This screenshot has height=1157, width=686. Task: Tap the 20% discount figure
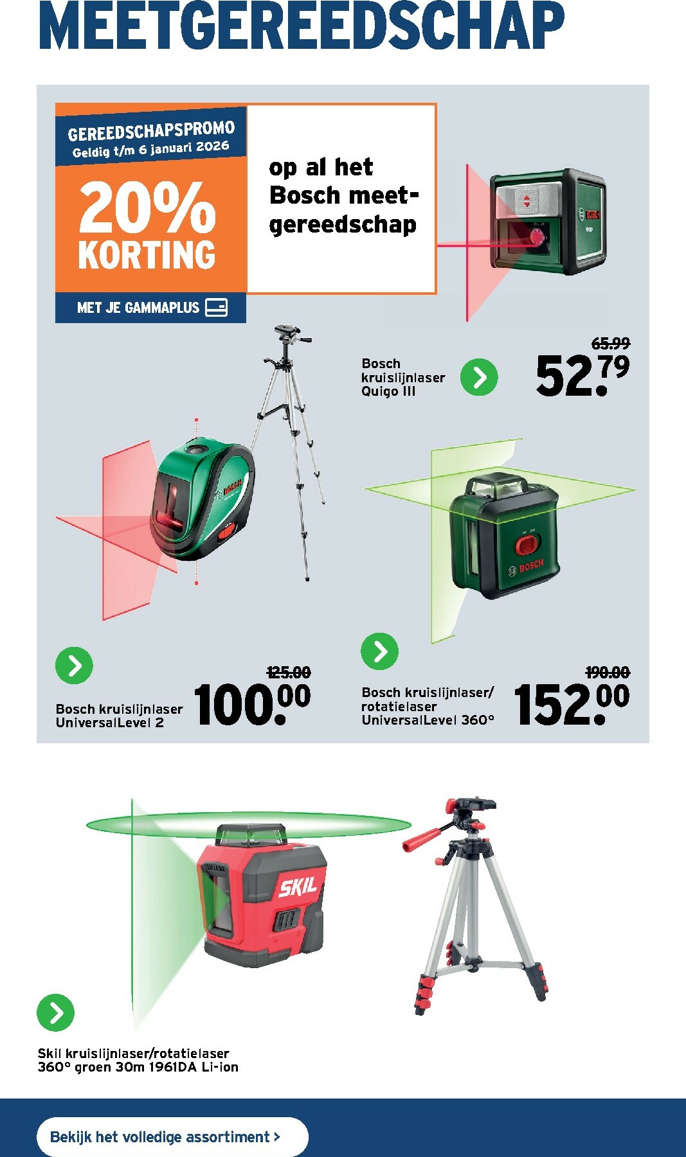(x=147, y=207)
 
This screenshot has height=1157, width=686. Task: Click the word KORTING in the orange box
(x=147, y=255)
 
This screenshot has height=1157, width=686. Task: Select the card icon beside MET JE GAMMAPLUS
(x=216, y=307)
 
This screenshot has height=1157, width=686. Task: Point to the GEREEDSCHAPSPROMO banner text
(x=152, y=130)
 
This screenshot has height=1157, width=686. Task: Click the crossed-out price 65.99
(x=610, y=344)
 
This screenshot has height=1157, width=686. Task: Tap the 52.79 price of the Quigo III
(x=582, y=375)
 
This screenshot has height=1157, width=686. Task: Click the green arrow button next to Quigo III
(x=479, y=377)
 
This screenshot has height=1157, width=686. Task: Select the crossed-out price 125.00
(x=289, y=673)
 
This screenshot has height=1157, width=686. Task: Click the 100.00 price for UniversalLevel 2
(x=252, y=705)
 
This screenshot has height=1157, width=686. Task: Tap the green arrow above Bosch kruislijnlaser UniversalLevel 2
(x=74, y=666)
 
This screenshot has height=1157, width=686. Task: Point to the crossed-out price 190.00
(x=608, y=673)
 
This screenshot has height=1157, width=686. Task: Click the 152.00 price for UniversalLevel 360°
(x=572, y=705)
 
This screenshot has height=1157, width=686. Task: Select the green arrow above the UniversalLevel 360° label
(x=380, y=651)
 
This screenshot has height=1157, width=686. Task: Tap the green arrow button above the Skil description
(x=56, y=1012)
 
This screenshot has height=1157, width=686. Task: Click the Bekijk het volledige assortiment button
(x=172, y=1136)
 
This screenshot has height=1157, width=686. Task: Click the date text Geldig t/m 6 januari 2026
(x=150, y=148)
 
